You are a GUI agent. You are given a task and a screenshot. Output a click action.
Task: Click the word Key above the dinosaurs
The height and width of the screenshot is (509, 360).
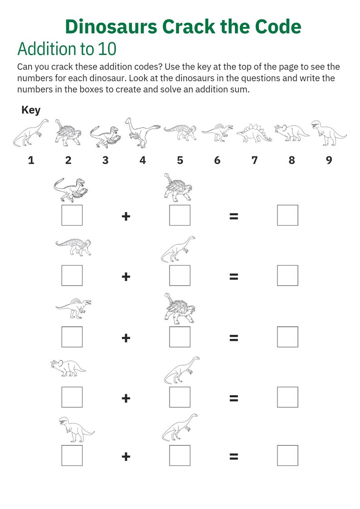[x=31, y=110]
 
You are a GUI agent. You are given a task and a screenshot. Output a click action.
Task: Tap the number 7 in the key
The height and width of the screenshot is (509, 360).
[x=254, y=160]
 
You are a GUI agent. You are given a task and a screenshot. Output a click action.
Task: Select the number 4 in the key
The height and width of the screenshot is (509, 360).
[x=142, y=160]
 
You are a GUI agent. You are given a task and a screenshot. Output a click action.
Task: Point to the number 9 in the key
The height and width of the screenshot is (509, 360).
[x=329, y=160]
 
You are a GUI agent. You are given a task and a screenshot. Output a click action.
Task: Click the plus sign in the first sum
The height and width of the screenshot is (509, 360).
[x=126, y=216]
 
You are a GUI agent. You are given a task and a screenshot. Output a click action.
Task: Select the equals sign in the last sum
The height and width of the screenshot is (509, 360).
[x=234, y=456]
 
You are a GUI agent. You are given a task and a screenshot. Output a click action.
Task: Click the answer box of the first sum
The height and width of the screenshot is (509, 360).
[x=287, y=215]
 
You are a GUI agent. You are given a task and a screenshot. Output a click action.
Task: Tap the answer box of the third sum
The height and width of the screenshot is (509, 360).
[x=287, y=337]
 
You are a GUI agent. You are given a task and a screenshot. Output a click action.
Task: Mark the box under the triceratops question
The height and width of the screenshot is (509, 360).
[x=72, y=397]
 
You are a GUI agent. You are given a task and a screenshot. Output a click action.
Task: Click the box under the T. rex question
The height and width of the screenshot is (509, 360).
[x=72, y=456]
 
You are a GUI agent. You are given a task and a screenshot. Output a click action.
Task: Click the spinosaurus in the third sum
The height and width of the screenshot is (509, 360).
[x=73, y=307]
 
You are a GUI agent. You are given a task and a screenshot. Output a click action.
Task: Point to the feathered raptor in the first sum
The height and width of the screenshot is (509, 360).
[x=71, y=189]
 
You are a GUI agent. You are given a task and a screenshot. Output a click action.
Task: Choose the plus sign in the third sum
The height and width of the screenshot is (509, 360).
[x=126, y=338]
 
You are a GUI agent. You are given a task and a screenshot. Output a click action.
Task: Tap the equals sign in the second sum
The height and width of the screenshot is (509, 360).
[x=234, y=276]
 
